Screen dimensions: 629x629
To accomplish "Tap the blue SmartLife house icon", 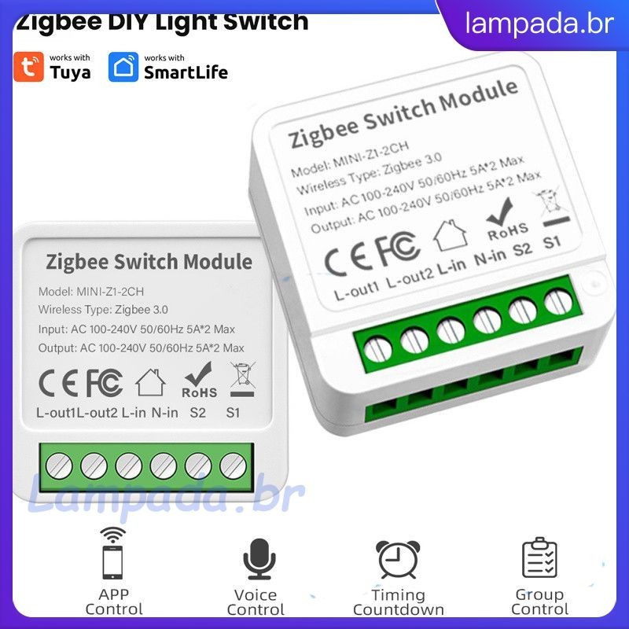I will (123, 68).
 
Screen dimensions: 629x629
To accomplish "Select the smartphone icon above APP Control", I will (113, 554).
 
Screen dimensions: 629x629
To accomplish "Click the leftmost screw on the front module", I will (57, 466).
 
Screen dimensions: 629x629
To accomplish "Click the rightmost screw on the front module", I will (232, 466).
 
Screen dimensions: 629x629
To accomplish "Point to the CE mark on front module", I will (58, 383).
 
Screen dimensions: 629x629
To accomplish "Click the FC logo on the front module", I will (104, 383).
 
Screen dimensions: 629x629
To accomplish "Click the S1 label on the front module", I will (234, 412).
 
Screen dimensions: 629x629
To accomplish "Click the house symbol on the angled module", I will (451, 235).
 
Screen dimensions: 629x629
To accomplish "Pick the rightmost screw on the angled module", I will (558, 302).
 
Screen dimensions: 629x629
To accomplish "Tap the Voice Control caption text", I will (256, 602).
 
